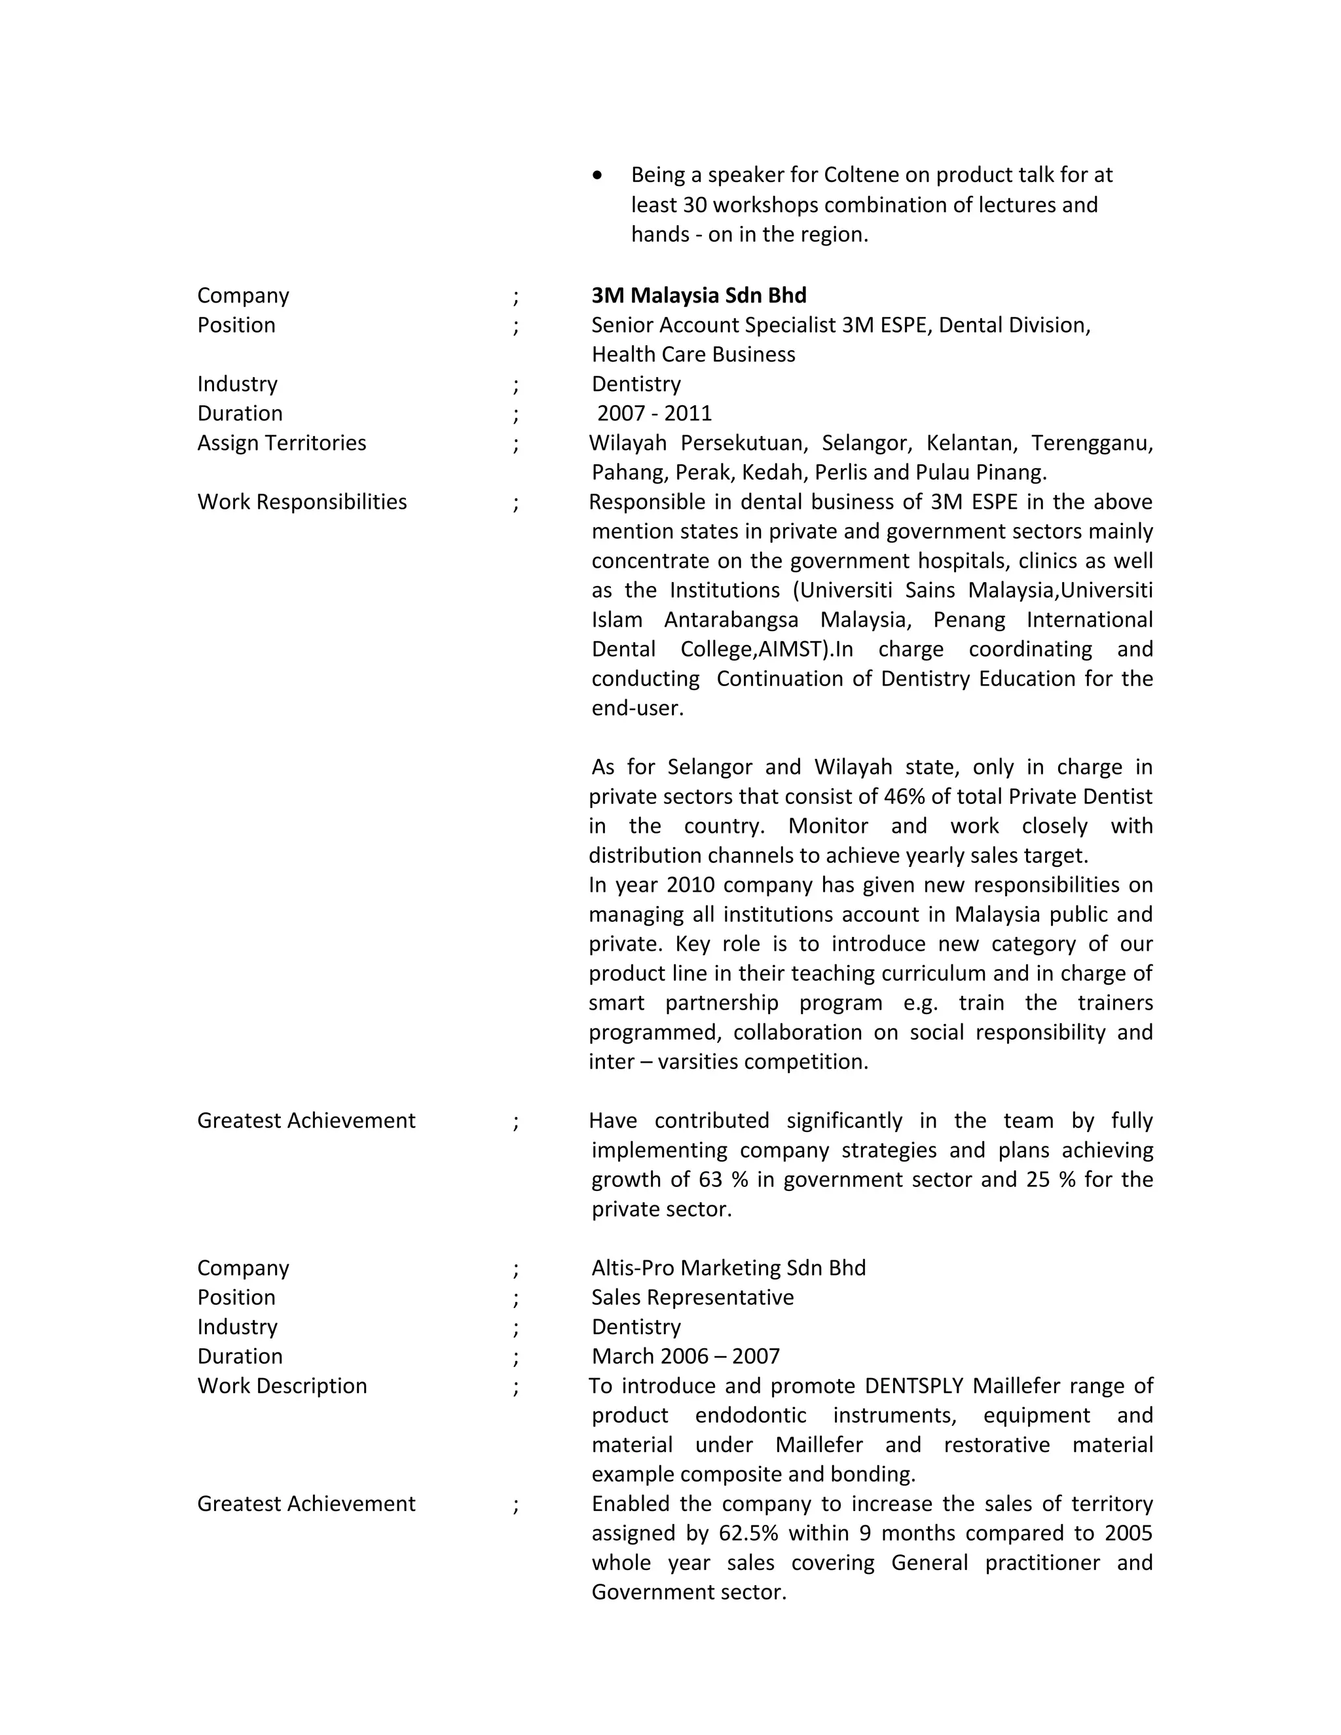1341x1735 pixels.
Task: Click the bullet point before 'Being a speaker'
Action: pos(597,175)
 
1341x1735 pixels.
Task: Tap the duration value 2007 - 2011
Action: pos(654,413)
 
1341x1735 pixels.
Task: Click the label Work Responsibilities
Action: pos(302,502)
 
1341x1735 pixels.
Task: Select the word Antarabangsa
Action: pos(731,619)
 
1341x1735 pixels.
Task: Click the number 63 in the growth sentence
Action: pos(710,1179)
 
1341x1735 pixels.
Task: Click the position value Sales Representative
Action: pos(692,1297)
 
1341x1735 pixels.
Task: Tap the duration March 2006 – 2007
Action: pos(685,1356)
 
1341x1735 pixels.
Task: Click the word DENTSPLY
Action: pos(913,1385)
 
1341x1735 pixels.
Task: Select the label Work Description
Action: pos(282,1385)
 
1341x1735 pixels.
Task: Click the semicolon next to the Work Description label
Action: pos(515,1387)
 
